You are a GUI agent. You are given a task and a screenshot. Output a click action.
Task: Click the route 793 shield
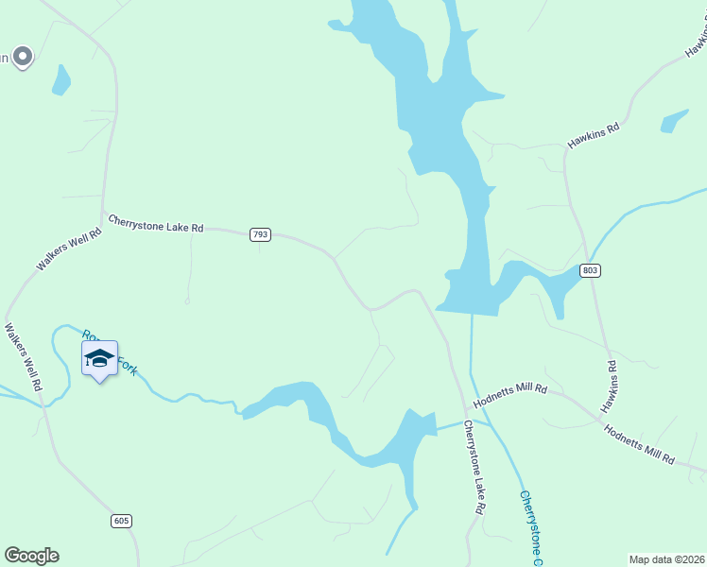[x=261, y=234]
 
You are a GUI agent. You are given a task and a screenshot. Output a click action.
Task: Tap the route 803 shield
[x=591, y=270]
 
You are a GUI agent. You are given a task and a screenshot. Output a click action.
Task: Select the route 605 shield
[x=120, y=521]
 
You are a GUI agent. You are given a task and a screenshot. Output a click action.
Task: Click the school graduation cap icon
[x=99, y=358]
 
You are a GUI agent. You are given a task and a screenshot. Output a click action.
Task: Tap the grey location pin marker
[x=23, y=57]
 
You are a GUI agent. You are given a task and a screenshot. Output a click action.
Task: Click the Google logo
[x=31, y=556]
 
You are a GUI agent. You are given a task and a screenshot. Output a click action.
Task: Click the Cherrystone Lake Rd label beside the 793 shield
[x=156, y=223]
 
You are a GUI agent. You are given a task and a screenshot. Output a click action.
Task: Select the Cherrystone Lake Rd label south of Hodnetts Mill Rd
[x=474, y=467]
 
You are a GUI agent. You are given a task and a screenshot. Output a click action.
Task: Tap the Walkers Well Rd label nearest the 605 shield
[x=23, y=358]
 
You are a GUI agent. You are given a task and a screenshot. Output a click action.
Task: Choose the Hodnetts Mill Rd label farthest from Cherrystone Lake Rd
[x=640, y=444]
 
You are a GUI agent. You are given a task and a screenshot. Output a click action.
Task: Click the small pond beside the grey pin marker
[x=61, y=80]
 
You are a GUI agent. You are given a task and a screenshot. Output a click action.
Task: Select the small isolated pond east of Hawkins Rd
[x=675, y=121]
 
